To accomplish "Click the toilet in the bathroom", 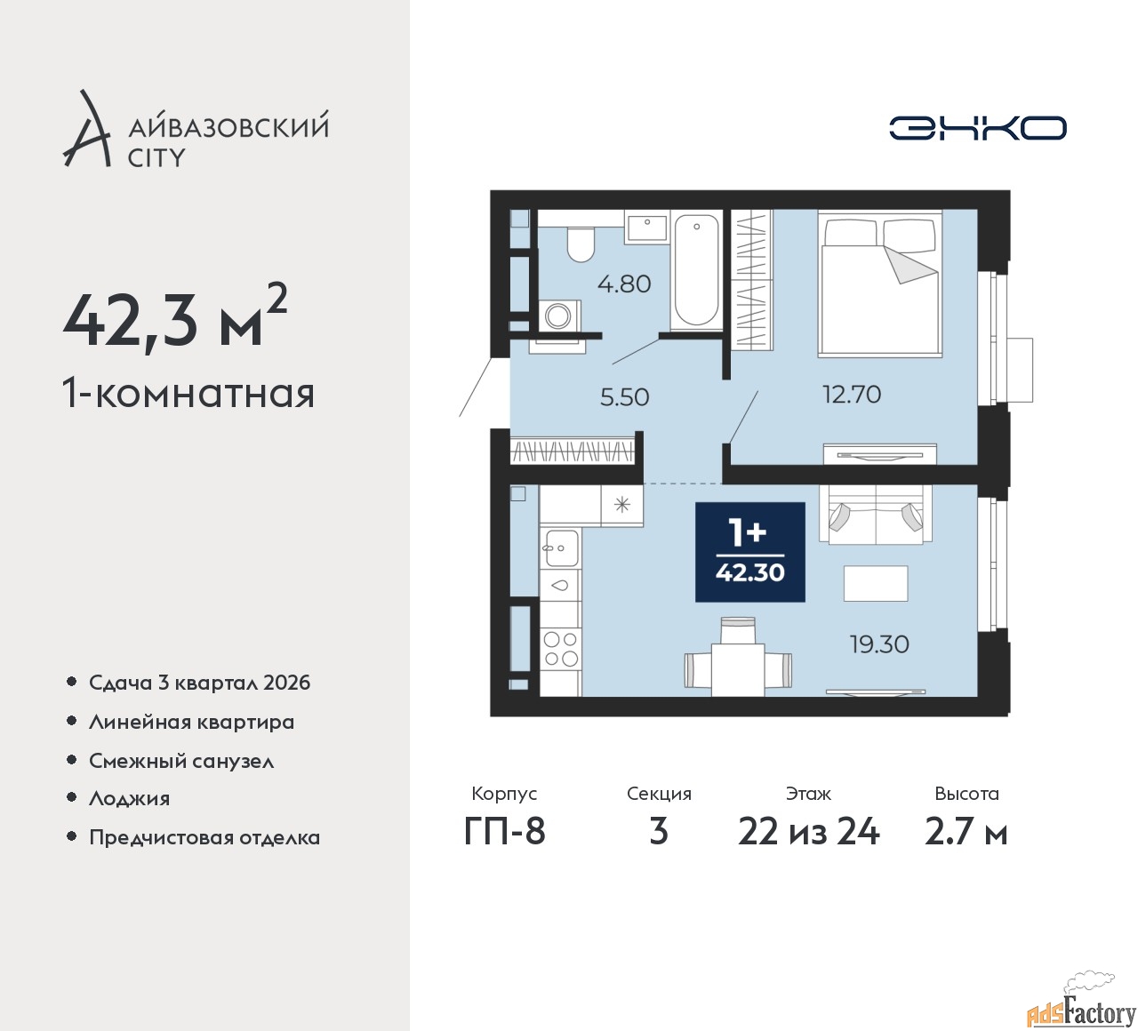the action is [x=580, y=244].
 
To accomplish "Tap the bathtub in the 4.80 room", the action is [x=696, y=270].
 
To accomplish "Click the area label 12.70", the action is [x=852, y=394].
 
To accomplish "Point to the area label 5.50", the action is [x=625, y=397].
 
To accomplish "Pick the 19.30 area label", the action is [x=879, y=644].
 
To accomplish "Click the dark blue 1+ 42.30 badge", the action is [x=750, y=552].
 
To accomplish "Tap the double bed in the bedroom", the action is [x=879, y=284].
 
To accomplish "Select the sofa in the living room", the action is [x=876, y=515].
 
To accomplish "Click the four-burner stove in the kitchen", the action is [x=560, y=650].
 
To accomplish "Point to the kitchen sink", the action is [x=560, y=547].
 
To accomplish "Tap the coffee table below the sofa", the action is [x=876, y=583].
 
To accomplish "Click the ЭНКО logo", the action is [x=977, y=128].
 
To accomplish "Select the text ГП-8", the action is [x=504, y=832].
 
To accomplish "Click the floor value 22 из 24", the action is [x=808, y=832].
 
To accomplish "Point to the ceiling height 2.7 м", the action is [x=966, y=832].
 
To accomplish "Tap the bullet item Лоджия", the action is [x=129, y=799].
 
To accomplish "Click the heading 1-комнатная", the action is [x=188, y=394].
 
